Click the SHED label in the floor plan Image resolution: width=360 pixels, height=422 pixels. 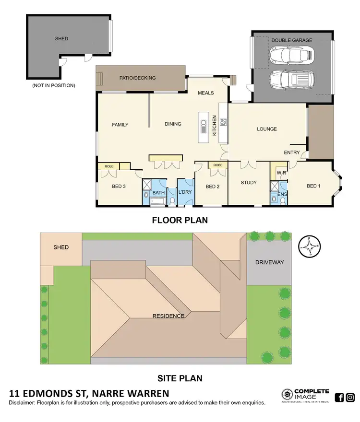[61, 39]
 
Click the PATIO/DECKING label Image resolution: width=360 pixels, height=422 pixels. [137, 78]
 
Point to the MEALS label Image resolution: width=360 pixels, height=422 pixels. [205, 93]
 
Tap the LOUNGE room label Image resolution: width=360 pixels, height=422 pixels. [267, 129]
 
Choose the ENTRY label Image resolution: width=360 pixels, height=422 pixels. [292, 153]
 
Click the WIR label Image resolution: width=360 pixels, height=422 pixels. [281, 172]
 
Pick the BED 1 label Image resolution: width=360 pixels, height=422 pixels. [313, 186]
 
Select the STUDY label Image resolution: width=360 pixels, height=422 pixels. [249, 183]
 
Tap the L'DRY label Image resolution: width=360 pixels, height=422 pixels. [185, 193]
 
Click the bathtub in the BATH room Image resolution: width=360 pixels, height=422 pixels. [157, 201]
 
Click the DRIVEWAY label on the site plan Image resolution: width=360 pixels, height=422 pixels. [270, 262]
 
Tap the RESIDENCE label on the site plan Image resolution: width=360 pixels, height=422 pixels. [168, 316]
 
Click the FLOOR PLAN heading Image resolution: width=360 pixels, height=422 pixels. [180, 221]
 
